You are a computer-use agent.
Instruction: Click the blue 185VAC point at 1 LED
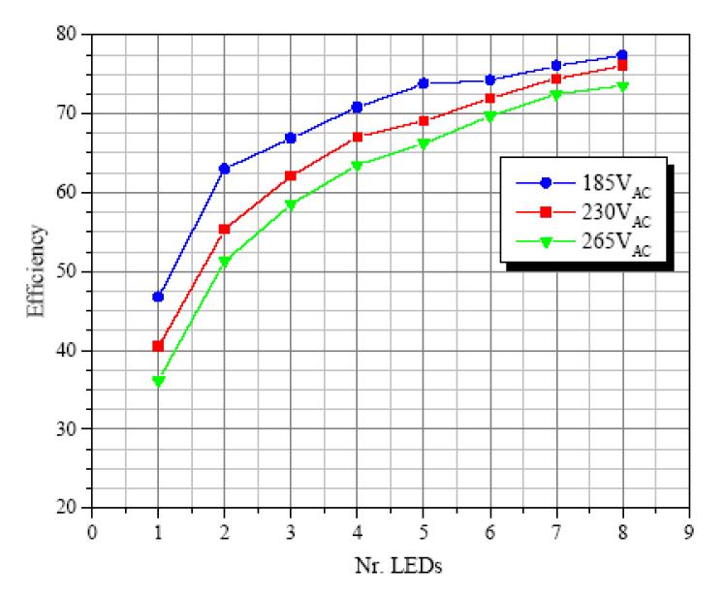click(158, 297)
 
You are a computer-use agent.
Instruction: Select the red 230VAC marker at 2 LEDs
click(224, 230)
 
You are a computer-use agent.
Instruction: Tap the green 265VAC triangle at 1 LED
click(158, 381)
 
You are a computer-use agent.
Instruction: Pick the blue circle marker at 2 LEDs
click(224, 169)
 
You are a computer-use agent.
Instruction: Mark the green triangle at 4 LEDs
click(357, 166)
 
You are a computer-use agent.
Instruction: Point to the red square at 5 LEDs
click(424, 121)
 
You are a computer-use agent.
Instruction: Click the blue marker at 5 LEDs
click(424, 83)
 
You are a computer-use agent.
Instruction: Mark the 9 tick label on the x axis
click(688, 530)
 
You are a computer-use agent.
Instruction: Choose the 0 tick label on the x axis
click(92, 530)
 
